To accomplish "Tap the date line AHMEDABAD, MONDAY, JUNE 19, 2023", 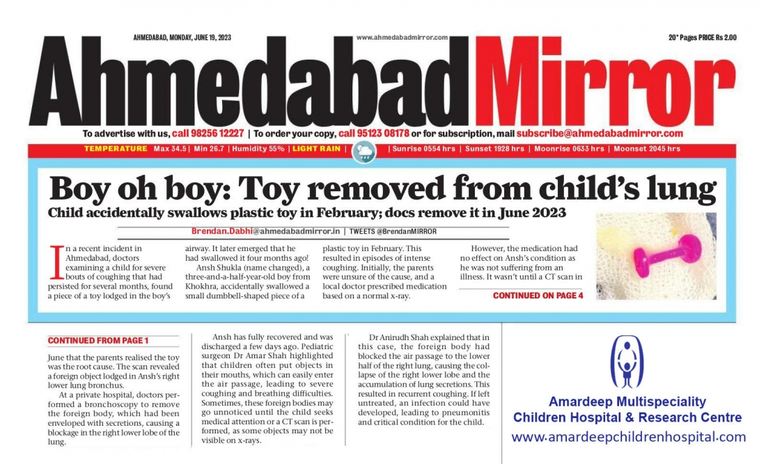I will [182, 38].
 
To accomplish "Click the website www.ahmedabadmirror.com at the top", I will [401, 38].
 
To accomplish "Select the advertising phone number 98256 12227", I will [208, 134].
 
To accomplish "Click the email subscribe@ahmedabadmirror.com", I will [600, 134].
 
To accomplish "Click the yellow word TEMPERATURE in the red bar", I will [116, 149].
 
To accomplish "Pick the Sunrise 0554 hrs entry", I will [423, 149].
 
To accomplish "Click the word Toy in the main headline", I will [288, 189].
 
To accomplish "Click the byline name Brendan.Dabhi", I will [222, 232].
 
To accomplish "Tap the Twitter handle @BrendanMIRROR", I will [407, 232].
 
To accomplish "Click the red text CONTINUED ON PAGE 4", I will [538, 296].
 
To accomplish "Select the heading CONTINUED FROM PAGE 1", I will [98, 341].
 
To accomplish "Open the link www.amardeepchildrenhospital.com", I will [628, 438].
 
